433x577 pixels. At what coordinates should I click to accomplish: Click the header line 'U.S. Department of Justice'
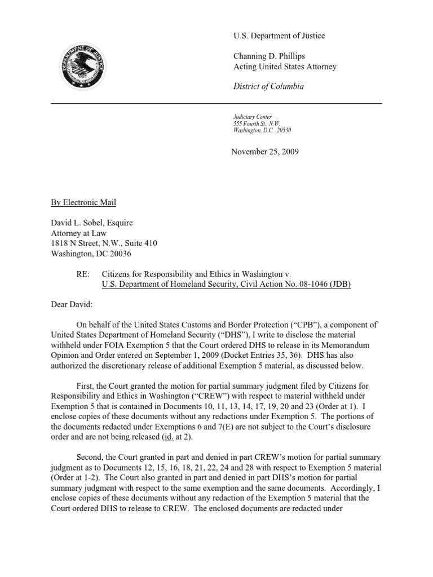pos(279,36)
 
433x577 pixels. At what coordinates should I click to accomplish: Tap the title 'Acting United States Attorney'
pos(285,66)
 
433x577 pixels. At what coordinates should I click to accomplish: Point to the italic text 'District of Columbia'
pos(268,86)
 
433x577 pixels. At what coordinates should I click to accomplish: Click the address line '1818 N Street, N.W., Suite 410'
pos(104,243)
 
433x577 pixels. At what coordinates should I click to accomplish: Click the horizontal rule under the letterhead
pos(216,104)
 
